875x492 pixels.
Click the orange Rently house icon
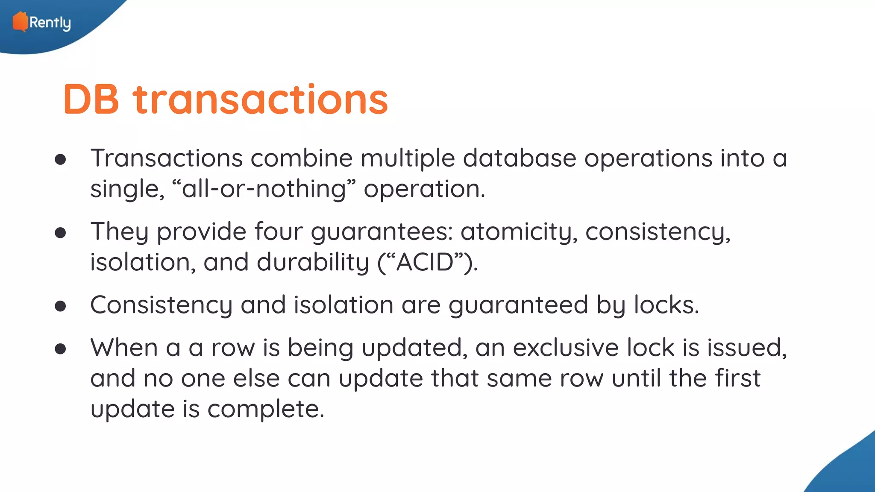pos(20,22)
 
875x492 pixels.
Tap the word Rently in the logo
pos(50,23)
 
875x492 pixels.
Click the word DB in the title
pos(91,100)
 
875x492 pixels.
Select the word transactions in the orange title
pos(260,100)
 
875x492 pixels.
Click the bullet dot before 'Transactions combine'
pos(61,160)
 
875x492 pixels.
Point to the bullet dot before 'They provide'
pos(61,233)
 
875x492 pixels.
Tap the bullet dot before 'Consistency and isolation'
pos(61,306)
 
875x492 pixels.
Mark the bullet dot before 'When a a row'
pos(61,349)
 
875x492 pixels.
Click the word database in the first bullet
pos(520,158)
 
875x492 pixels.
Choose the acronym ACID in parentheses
pos(425,262)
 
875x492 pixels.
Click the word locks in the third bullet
pos(666,305)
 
